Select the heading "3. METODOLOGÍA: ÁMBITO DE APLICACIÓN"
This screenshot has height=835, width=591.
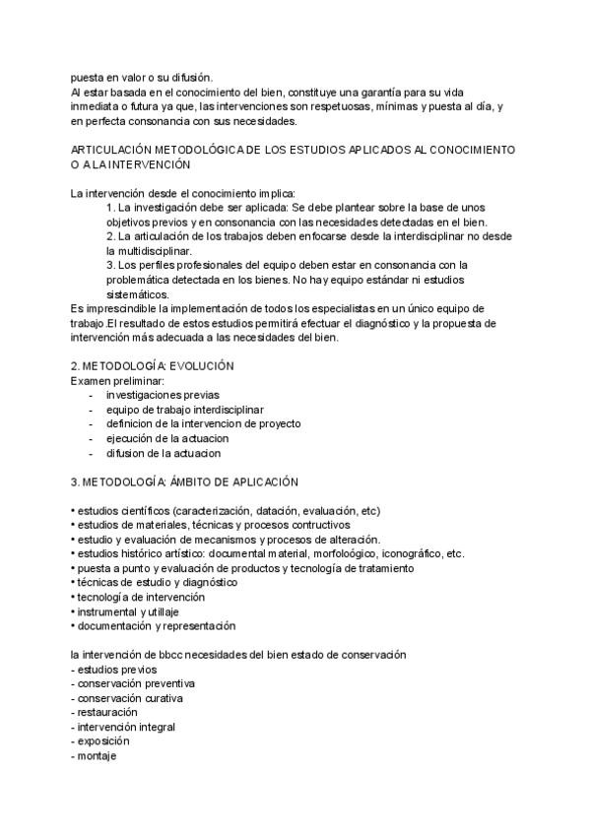(x=184, y=482)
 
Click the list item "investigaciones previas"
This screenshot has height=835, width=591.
(x=163, y=395)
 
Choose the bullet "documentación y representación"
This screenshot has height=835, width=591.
(x=155, y=626)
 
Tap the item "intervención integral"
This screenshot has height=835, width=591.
(x=123, y=727)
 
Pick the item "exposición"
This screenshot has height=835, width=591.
(x=102, y=741)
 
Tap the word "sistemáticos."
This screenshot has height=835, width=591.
(x=137, y=294)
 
